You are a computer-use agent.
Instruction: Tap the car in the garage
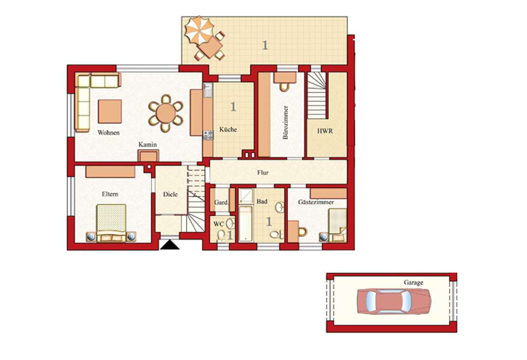pos(393,301)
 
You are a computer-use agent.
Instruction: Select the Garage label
pos(414,283)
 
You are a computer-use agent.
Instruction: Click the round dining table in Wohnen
pos(166,113)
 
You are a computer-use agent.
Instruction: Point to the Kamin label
pos(147,145)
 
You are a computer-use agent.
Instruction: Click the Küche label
pos(228,130)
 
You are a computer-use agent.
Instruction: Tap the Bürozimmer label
pos(286,123)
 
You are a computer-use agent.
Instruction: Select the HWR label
pos(325,131)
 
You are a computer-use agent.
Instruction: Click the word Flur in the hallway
pos(263,172)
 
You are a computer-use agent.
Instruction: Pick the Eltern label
pos(110,194)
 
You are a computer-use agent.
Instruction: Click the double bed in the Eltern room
pos(111,223)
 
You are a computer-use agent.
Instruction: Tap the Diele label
pos(171,195)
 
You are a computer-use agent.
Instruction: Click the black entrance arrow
pos(168,245)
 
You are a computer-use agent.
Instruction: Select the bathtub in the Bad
pos(245,224)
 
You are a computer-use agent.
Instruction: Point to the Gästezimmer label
pos(316,202)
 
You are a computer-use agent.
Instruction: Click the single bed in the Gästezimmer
pos(337,225)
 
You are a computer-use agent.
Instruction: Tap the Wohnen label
pos(108,133)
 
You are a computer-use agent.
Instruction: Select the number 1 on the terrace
pos(265,45)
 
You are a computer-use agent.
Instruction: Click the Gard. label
pos(221,203)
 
